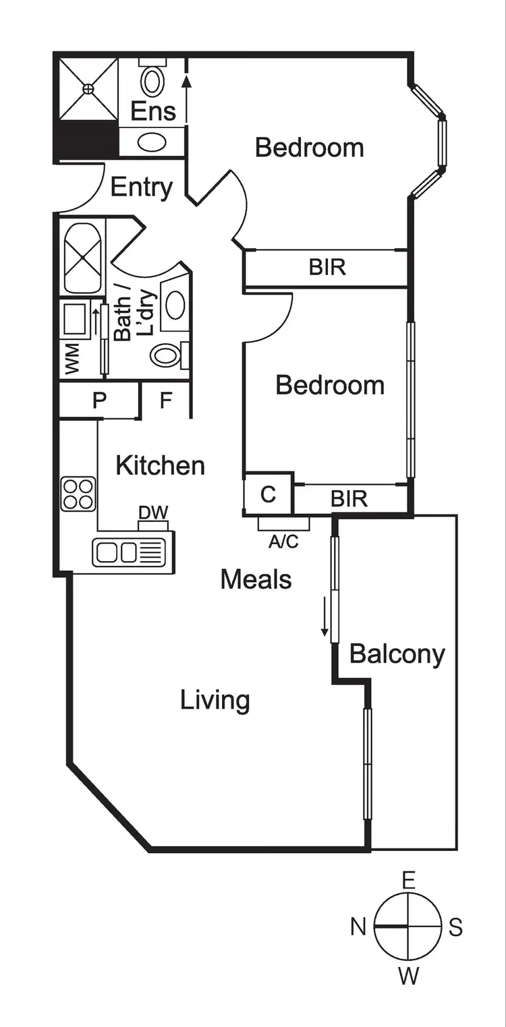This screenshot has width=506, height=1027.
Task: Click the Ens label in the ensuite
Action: pyautogui.click(x=152, y=111)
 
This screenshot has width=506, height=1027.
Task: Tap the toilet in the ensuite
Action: pyautogui.click(x=152, y=80)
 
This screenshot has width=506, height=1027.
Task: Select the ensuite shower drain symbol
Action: pyautogui.click(x=88, y=88)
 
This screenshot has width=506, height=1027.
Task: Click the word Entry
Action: pyautogui.click(x=141, y=187)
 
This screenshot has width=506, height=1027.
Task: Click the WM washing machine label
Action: pyautogui.click(x=73, y=358)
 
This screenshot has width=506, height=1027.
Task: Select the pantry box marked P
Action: pyautogui.click(x=99, y=401)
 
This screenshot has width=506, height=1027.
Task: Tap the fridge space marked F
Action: pyautogui.click(x=165, y=401)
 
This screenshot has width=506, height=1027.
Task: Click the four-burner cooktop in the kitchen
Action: pyautogui.click(x=78, y=494)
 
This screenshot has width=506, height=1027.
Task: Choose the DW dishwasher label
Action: pyautogui.click(x=152, y=512)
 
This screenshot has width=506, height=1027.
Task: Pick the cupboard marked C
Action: pyautogui.click(x=268, y=495)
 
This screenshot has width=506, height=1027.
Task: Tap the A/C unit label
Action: pyautogui.click(x=283, y=541)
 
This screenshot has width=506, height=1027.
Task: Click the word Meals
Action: pyautogui.click(x=256, y=579)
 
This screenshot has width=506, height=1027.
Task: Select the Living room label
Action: pyautogui.click(x=215, y=701)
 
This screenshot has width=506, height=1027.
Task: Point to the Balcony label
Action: pyautogui.click(x=397, y=653)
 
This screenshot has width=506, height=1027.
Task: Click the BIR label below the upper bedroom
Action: pyautogui.click(x=327, y=267)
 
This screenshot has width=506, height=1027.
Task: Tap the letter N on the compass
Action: pyautogui.click(x=358, y=927)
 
